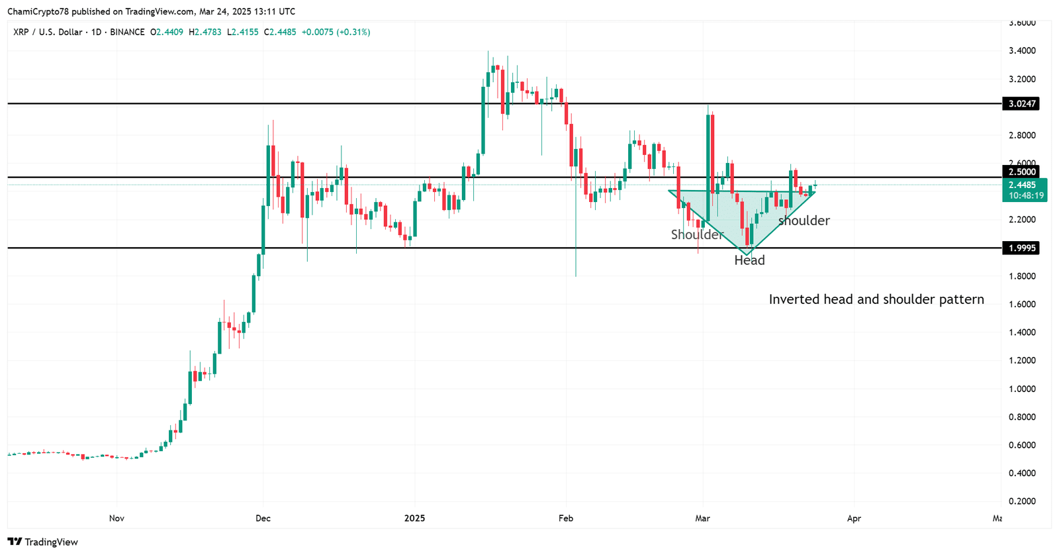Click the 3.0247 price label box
point(1021,104)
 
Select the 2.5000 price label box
point(1021,172)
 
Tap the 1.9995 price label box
point(1021,248)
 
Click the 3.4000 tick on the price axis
point(1022,51)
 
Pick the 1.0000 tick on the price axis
point(1022,389)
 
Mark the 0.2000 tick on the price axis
point(1022,501)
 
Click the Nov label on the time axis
point(116,519)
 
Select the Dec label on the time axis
point(263,519)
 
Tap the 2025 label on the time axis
point(414,519)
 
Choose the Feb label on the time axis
point(565,519)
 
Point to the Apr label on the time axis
point(854,519)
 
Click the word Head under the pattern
point(749,261)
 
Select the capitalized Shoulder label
point(697,235)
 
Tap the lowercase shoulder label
point(804,221)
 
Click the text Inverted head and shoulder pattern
point(876,300)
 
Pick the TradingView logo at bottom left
point(43,542)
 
